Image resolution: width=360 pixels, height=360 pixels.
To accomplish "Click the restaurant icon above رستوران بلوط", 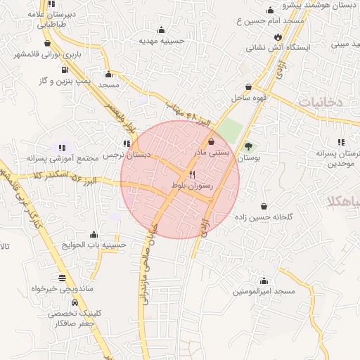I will pos(192,174).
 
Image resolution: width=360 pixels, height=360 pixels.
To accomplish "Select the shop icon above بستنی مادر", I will pos(212,142).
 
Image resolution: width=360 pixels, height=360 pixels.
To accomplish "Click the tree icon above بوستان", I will pos(248,147).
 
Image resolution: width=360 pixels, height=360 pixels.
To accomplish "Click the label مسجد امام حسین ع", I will pos(274,21).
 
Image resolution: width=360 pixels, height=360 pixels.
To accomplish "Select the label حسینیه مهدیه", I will pos(161,41).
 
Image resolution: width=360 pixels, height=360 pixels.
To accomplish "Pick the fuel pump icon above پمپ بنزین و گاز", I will pos(65,70).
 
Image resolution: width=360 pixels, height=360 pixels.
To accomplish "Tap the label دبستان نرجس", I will pos(124,155).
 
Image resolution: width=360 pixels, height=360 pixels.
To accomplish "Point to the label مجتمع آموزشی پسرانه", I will pos(56,159).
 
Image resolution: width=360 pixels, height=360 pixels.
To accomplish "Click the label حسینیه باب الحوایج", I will pos(94,245).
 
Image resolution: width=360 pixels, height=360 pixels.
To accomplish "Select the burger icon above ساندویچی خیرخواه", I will pos(63,277).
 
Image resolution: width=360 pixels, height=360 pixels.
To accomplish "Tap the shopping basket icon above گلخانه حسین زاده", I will pos(264,207).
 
